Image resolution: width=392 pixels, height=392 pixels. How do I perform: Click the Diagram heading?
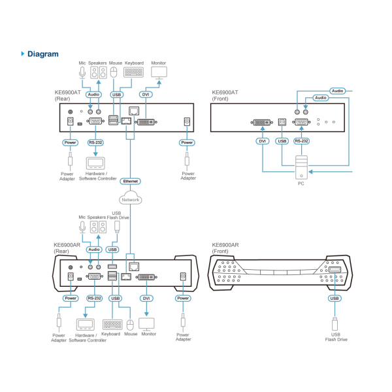tap(42, 54)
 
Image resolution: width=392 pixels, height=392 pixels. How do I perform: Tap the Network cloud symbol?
tap(130, 198)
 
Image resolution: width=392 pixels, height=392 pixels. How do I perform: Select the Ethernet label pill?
tap(130, 180)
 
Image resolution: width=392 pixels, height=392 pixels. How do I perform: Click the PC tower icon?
tap(301, 168)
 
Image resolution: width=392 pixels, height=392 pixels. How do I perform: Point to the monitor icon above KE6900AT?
tap(159, 73)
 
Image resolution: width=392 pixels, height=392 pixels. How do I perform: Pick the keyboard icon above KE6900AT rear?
tap(133, 73)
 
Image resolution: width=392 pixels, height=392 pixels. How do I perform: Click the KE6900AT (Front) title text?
tap(225, 95)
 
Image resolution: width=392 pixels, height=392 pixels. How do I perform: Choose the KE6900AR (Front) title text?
tap(225, 248)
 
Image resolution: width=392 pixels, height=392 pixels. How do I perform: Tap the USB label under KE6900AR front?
tap(335, 299)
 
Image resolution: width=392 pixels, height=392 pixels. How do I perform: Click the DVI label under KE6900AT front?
tap(263, 141)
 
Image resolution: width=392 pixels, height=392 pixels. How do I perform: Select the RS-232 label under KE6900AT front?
tap(302, 141)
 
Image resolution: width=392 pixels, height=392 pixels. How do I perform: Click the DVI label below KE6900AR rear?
tap(146, 299)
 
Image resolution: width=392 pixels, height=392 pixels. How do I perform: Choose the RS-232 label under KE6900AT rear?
tap(95, 142)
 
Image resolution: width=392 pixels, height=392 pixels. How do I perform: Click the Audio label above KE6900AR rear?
tap(94, 250)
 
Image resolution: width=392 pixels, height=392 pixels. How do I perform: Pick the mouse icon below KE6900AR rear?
tap(130, 324)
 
